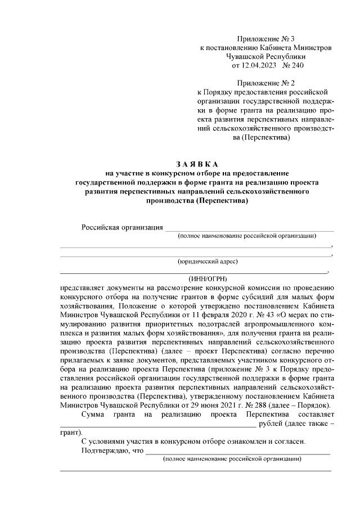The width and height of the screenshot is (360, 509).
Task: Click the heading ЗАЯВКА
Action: coord(195,164)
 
